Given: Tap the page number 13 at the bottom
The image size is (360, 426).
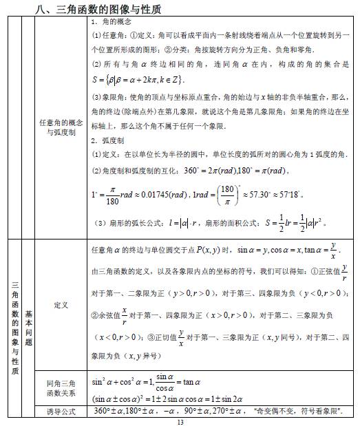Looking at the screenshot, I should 180,421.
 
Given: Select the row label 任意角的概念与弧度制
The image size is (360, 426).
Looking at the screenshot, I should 61,127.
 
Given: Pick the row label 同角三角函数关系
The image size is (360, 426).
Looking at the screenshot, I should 61,388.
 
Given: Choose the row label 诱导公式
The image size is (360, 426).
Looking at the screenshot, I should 61,411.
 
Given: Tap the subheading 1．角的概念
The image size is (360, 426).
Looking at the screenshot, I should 114,23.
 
